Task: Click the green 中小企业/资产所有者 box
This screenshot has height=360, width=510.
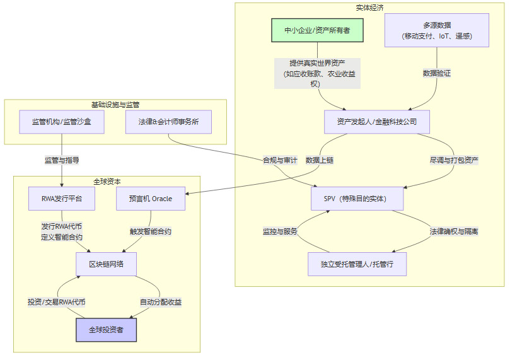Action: [317, 30]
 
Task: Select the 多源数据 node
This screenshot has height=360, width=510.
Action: [436, 31]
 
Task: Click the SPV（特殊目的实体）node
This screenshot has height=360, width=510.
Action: [357, 199]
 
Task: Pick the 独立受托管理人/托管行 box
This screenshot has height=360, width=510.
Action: [357, 264]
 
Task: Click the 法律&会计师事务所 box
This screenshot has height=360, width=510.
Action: [168, 122]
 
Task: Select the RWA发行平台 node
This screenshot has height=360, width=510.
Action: [61, 199]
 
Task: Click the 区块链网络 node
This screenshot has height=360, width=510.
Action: [106, 264]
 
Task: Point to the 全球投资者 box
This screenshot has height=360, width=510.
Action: [106, 330]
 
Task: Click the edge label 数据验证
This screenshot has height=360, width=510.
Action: [436, 74]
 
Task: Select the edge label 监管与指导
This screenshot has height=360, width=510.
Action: [61, 160]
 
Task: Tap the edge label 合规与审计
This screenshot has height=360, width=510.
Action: [280, 160]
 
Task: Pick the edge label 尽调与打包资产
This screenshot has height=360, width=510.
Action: [454, 160]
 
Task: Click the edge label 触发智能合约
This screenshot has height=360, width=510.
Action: [150, 231]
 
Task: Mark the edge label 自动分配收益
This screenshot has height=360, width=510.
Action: [160, 302]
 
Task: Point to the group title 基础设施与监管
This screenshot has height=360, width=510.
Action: [115, 104]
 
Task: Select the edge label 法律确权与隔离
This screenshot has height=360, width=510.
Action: [454, 231]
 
